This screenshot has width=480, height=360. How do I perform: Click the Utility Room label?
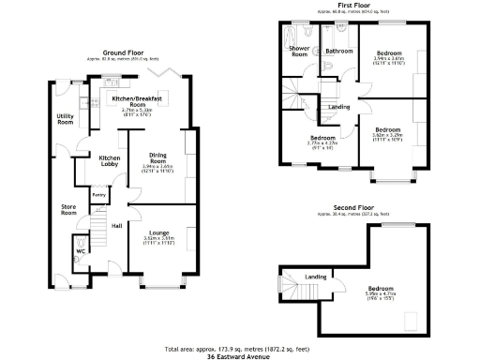(x=65, y=119)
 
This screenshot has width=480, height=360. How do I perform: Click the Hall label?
(x=117, y=225)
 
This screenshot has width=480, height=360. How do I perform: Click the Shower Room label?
(x=299, y=51)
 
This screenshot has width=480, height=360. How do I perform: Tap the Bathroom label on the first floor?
(x=338, y=51)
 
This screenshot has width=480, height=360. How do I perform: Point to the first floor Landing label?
(x=338, y=107)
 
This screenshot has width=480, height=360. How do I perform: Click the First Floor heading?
(x=353, y=6)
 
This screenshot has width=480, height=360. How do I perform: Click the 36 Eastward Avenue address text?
(x=239, y=356)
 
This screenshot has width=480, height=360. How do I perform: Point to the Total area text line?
(x=239, y=349)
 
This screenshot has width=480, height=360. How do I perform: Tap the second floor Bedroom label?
(x=380, y=288)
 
